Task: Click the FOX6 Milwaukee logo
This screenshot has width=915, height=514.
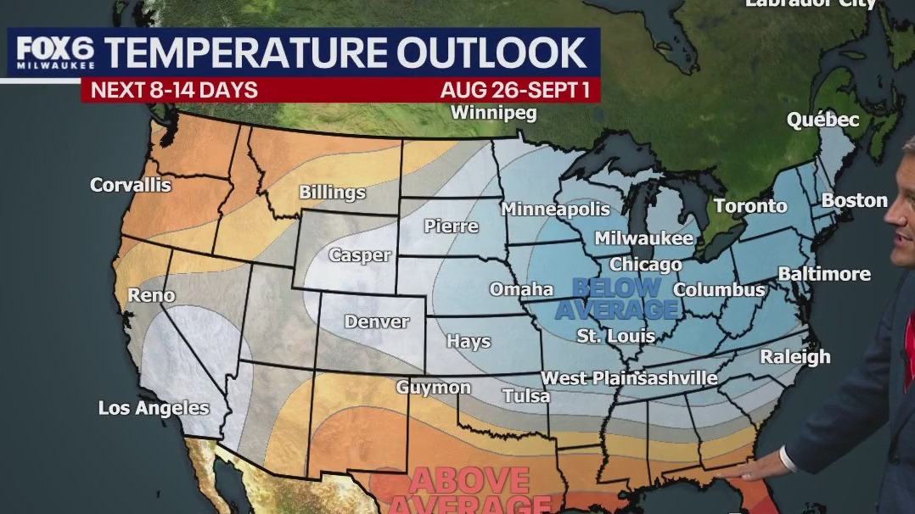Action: pos(54,53)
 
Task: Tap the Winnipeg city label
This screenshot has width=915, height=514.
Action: pos(493,112)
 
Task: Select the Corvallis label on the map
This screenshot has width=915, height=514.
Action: pos(130,184)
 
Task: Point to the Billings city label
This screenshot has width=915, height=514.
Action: pos(332,192)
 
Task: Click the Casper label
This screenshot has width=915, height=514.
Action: pos(361,254)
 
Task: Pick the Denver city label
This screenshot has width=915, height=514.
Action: pos(376,321)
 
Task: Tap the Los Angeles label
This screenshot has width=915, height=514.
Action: pos(154,408)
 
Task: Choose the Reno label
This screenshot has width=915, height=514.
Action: pos(151,295)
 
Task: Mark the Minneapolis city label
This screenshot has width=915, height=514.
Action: pos(555,209)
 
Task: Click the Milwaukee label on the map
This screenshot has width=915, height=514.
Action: pos(643,238)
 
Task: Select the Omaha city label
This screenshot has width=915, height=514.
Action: pos(521,289)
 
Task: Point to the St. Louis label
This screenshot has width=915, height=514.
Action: pos(604,336)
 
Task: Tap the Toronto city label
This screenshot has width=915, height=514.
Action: pos(750,206)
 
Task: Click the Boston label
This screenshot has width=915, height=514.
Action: pos(854,200)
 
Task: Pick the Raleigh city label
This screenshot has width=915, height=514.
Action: pos(794,356)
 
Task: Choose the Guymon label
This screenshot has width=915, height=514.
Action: pos(433,388)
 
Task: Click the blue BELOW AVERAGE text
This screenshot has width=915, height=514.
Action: pos(617,299)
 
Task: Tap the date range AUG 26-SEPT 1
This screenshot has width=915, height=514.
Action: pos(515,90)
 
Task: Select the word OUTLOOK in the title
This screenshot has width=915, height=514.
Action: pos(492,53)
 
